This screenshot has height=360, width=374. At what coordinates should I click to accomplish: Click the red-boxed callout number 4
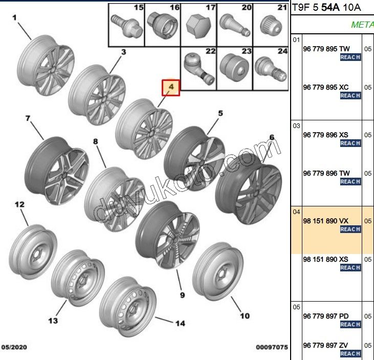(171, 88)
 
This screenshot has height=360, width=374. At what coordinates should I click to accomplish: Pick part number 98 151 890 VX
(325, 220)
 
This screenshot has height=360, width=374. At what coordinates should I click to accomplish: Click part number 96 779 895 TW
(326, 49)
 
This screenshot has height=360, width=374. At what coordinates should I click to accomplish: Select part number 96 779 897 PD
(326, 316)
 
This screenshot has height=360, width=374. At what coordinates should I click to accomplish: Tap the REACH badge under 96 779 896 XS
(350, 143)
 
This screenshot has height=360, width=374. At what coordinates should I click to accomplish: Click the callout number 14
(180, 323)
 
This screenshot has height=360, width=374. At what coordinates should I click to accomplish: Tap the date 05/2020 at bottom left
(14, 347)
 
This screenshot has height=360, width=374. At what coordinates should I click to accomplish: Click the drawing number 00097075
(272, 347)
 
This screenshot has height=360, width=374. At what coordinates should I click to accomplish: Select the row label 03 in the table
(296, 125)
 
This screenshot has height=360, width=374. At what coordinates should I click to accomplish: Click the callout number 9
(183, 295)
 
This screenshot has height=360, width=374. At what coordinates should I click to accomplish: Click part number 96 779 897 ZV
(325, 345)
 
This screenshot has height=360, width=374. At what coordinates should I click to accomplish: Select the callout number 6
(272, 137)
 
